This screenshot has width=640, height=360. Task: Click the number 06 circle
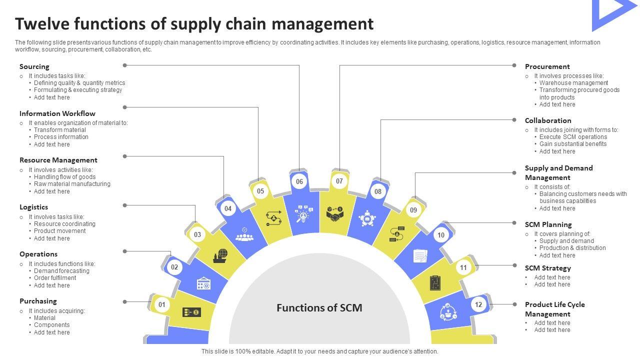(299, 181)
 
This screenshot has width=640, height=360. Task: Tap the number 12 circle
(478, 304)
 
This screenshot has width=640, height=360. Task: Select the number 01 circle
(162, 304)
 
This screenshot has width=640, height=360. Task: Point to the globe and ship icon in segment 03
(220, 255)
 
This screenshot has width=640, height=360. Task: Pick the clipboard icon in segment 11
(435, 283)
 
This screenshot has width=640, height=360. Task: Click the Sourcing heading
(34, 66)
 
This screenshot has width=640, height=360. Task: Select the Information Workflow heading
(57, 113)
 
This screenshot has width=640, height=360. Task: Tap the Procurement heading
(547, 66)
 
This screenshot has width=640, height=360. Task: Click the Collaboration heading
(548, 120)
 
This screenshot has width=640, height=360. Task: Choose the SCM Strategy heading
(547, 268)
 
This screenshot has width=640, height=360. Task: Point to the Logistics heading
(34, 207)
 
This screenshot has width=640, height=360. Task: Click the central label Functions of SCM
(319, 308)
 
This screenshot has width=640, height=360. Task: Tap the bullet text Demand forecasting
(61, 271)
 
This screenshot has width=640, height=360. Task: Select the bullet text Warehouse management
(573, 83)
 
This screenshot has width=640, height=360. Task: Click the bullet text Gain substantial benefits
(573, 144)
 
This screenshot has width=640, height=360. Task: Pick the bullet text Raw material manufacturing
(72, 184)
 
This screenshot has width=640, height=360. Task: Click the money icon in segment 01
(192, 312)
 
